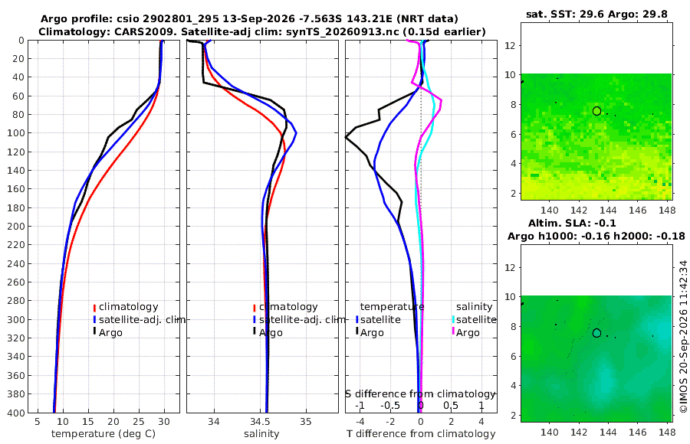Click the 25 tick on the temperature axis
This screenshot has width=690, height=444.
point(139,422)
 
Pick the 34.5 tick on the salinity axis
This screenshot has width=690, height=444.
point(260,422)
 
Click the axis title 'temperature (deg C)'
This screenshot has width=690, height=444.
point(103,434)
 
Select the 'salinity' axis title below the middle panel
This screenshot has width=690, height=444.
point(261,434)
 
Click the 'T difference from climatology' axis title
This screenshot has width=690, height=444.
point(421,434)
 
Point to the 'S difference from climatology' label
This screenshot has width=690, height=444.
point(420,394)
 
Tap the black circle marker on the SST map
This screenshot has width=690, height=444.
point(596,111)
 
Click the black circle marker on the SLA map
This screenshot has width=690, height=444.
point(596,333)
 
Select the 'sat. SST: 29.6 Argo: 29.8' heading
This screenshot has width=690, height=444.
point(596,15)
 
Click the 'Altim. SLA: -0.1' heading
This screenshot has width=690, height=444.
point(572,223)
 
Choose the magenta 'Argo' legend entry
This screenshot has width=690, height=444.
point(466,332)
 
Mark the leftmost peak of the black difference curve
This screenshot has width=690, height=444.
point(346,138)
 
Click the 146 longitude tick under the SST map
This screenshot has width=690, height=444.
point(638,211)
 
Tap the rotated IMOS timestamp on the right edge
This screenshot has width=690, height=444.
point(683,336)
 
